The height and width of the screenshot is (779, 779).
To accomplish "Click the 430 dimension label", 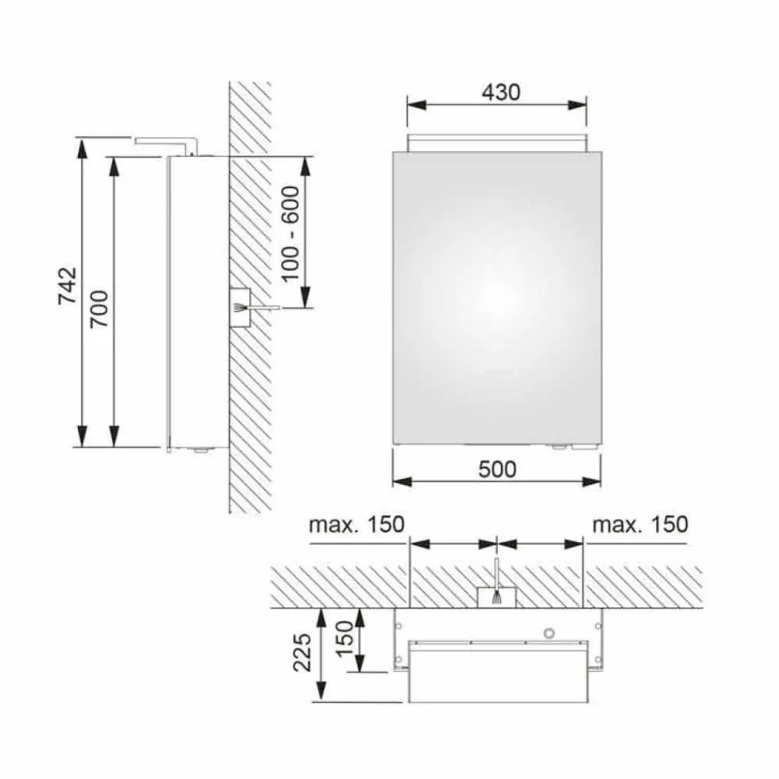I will (x=500, y=93).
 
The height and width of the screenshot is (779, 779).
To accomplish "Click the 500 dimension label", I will (x=498, y=468).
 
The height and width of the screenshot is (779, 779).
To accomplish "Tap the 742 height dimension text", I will (x=69, y=285).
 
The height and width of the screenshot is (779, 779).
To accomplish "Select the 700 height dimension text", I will (x=100, y=309).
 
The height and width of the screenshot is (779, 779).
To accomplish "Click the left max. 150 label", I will (x=357, y=525).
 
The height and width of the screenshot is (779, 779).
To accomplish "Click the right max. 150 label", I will (x=640, y=525).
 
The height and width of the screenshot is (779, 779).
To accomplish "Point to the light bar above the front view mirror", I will (x=497, y=142).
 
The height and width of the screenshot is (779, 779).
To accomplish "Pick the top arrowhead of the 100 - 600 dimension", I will (x=305, y=162).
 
